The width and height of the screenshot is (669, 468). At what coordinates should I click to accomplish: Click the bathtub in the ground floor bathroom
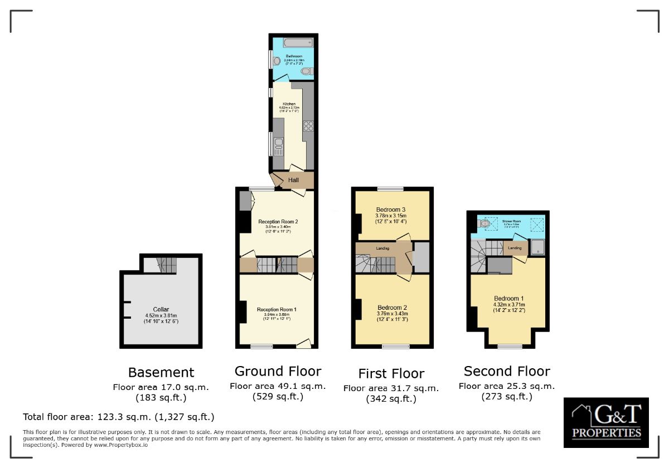point(298,42)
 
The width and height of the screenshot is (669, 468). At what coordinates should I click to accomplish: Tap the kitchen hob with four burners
point(308,125)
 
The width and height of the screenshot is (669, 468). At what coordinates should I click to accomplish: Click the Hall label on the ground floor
point(293,180)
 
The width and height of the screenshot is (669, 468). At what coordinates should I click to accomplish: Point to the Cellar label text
point(161,309)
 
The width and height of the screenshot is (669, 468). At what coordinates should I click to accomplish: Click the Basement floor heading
point(161,372)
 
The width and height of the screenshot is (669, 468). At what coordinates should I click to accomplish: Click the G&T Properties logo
point(606,422)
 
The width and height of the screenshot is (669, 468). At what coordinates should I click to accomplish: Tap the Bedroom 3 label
point(391,209)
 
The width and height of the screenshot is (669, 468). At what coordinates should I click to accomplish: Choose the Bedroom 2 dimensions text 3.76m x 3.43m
point(392,313)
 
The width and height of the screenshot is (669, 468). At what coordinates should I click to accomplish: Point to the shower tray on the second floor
point(536,247)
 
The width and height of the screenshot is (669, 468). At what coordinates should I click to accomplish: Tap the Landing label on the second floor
point(515,248)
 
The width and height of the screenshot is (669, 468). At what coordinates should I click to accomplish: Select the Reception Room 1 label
point(277,309)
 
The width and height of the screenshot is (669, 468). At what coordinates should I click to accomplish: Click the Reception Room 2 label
point(278,222)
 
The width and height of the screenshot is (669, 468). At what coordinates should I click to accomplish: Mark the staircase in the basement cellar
point(166,265)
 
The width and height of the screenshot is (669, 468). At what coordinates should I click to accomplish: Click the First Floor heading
point(391,373)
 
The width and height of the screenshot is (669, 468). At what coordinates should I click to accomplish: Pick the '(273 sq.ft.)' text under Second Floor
point(506,397)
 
